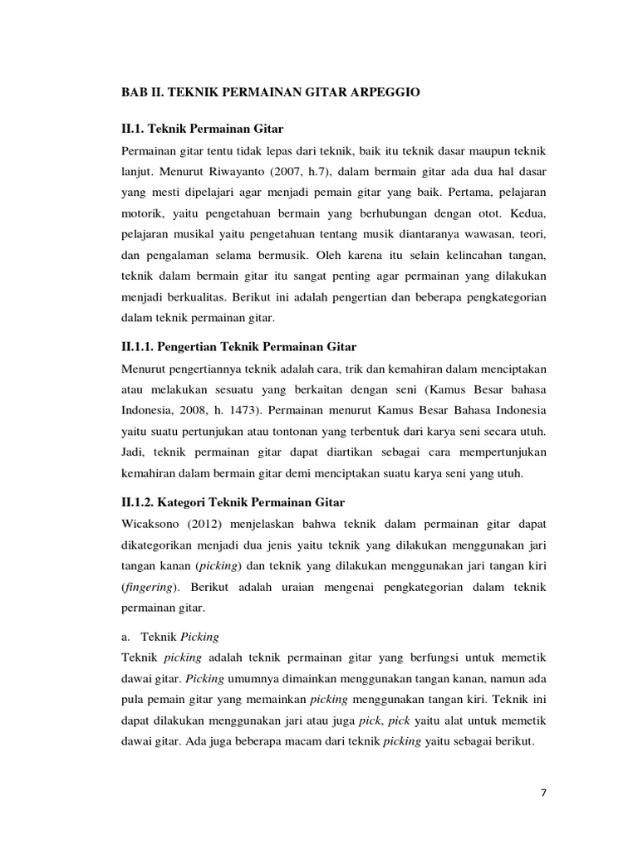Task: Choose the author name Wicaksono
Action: point(154,525)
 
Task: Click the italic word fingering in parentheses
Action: point(150,588)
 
